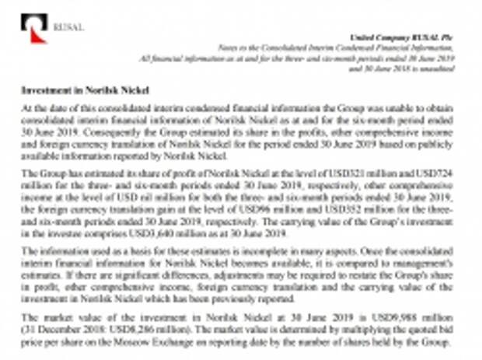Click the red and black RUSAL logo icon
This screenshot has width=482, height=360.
coord(33,27)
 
